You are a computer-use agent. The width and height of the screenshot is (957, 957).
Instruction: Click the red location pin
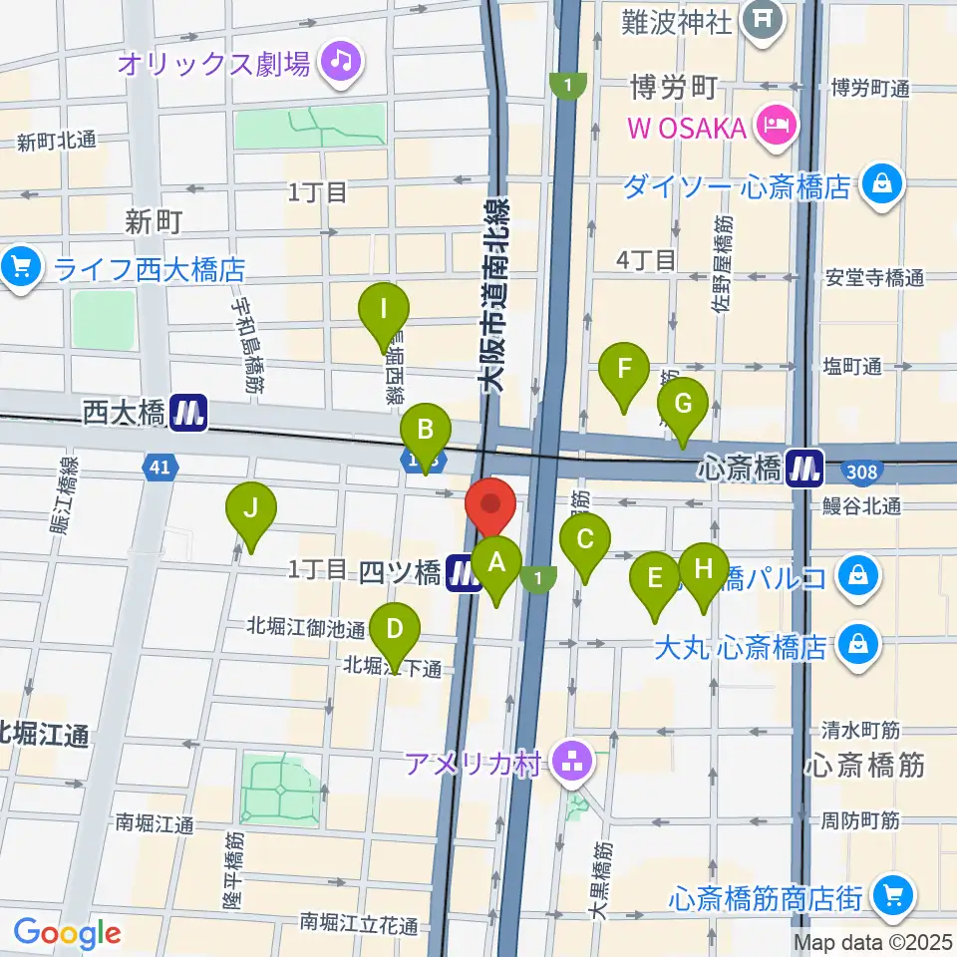coord(489,504)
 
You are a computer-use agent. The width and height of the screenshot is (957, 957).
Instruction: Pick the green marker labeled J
coord(251,512)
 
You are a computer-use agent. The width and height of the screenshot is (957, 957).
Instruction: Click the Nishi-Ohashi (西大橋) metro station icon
coord(187,413)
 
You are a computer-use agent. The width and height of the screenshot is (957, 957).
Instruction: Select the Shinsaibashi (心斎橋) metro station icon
coord(802,467)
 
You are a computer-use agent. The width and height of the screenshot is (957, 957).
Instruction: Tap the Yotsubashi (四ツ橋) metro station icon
coord(463,573)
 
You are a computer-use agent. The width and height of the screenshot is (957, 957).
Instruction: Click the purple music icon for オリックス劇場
coord(341,63)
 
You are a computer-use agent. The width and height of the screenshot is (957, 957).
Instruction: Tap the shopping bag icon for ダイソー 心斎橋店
coord(882,185)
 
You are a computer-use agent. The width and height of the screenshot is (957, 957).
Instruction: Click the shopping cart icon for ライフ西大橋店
coord(19,267)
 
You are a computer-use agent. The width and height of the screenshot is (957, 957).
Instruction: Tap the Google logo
coord(67,932)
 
